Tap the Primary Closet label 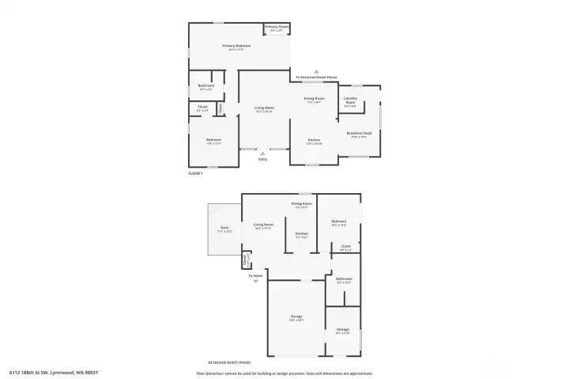click(x=277, y=28)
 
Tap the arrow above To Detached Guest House click(x=316, y=71)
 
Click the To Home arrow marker click(x=255, y=280)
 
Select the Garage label click(x=296, y=316)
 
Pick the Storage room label click(x=343, y=328)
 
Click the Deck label click(x=225, y=229)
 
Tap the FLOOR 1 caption click(x=195, y=172)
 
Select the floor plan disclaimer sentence click(x=284, y=373)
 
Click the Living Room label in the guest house click(x=263, y=225)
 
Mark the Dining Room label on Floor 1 click(x=315, y=98)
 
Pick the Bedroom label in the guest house click(x=339, y=221)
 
